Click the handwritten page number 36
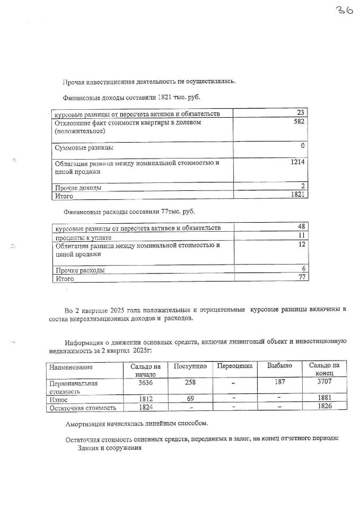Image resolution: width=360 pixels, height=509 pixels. point(343,11)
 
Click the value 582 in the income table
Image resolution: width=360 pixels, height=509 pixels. point(301,122)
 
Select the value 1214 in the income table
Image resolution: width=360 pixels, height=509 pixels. point(298,162)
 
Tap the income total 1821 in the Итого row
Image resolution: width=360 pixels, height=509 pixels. point(298,196)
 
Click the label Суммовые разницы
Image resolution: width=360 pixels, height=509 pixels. point(84,147)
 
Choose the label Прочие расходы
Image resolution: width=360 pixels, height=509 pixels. point(80,270)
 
